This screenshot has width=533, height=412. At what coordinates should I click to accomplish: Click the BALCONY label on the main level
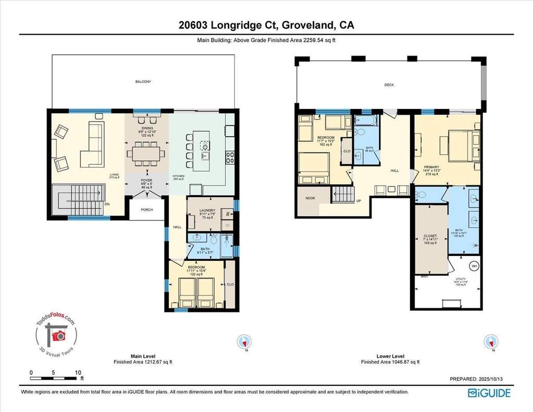click(x=143, y=82)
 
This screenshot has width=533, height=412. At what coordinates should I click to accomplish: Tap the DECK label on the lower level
click(x=389, y=84)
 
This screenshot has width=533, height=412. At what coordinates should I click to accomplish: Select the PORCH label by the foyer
click(x=146, y=211)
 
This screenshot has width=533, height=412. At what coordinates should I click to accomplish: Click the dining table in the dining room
click(x=146, y=155)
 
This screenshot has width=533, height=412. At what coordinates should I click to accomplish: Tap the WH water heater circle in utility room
click(x=475, y=266)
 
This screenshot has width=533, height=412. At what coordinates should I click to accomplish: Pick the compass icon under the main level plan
click(x=243, y=342)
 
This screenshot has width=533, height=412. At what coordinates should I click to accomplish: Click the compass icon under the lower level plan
click(x=491, y=342)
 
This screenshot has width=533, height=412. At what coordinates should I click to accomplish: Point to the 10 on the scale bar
click(x=78, y=373)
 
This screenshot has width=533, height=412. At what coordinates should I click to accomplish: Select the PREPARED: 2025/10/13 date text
click(x=479, y=379)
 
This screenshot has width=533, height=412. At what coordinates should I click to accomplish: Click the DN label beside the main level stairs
click(x=107, y=204)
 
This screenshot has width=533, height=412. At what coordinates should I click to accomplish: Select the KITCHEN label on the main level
click(x=179, y=176)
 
